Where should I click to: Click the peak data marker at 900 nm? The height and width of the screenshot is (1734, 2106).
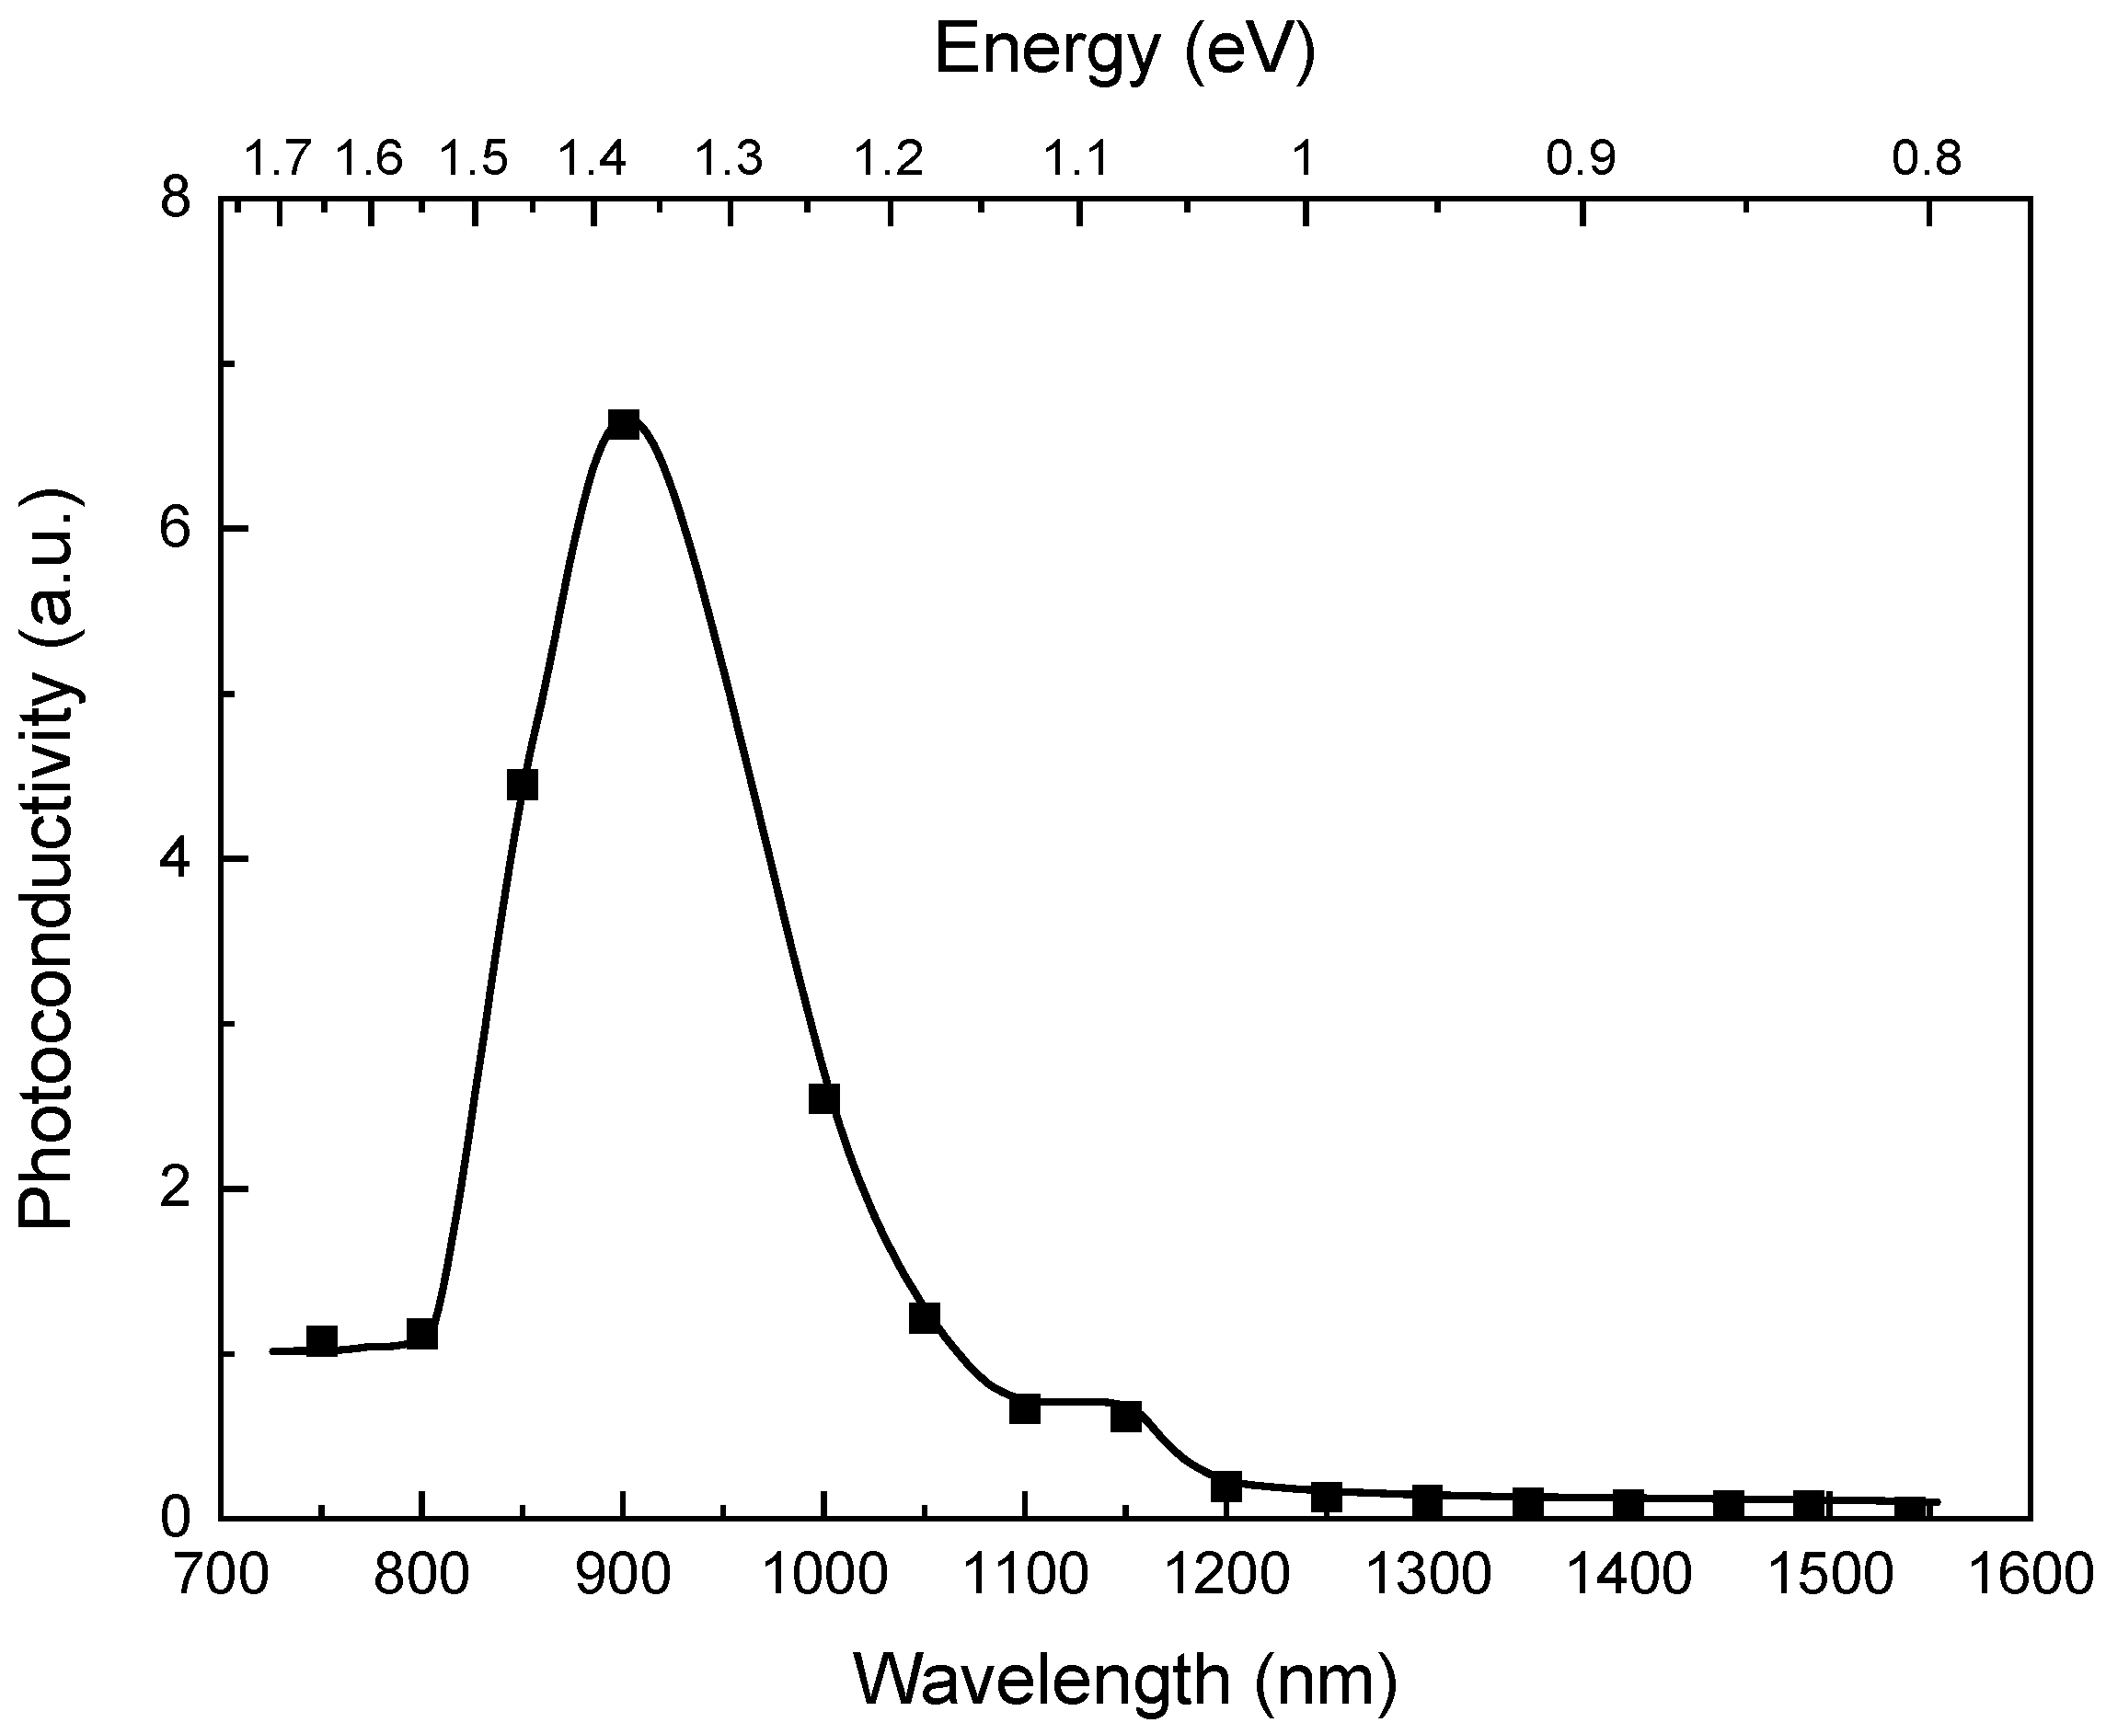click(x=622, y=424)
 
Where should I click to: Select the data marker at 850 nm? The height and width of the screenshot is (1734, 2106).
click(x=522, y=785)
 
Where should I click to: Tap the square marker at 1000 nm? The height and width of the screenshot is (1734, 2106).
click(x=823, y=1098)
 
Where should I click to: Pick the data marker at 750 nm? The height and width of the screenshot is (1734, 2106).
click(x=321, y=1340)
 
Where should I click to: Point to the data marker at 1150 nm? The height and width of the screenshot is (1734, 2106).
click(x=1126, y=1416)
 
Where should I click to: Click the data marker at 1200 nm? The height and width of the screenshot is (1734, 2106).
click(x=1226, y=1487)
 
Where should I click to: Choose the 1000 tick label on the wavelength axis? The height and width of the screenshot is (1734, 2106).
click(x=824, y=1576)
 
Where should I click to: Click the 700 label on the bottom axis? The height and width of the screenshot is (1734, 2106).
click(x=221, y=1576)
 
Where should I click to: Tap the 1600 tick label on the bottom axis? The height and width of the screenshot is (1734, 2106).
click(x=2029, y=1576)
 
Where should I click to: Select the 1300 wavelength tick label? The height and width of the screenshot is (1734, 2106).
click(x=1428, y=1576)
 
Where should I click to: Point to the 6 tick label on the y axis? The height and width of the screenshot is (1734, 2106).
click(x=177, y=529)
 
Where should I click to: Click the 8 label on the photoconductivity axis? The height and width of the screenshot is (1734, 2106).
click(x=177, y=200)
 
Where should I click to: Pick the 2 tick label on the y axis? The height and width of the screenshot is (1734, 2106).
click(x=177, y=1189)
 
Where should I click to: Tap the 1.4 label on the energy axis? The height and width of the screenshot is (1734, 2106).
click(x=592, y=158)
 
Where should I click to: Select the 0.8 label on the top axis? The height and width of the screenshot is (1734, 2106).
click(x=1928, y=158)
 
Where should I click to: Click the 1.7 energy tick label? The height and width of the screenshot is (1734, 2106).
click(x=277, y=158)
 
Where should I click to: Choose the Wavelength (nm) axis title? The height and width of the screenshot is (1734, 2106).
click(x=1124, y=1679)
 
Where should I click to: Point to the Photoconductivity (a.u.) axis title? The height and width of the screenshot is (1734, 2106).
click(x=47, y=859)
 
